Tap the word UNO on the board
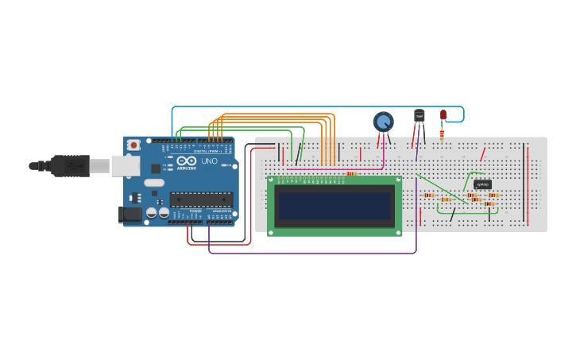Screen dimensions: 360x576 (209, 161)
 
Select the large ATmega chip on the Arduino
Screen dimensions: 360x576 (201, 199)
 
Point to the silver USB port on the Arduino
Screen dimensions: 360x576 (125, 165)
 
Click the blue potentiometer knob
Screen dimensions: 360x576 (383, 122)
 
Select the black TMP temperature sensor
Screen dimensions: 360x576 (419, 116)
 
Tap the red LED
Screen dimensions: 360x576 (443, 114)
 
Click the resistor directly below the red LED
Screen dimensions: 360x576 (442, 134)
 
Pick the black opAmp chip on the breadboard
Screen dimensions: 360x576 (482, 184)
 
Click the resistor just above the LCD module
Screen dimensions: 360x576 (352, 173)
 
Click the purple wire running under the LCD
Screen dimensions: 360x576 (318, 254)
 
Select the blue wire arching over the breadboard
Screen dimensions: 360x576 (318, 106)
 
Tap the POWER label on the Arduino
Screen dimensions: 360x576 (195, 211)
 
